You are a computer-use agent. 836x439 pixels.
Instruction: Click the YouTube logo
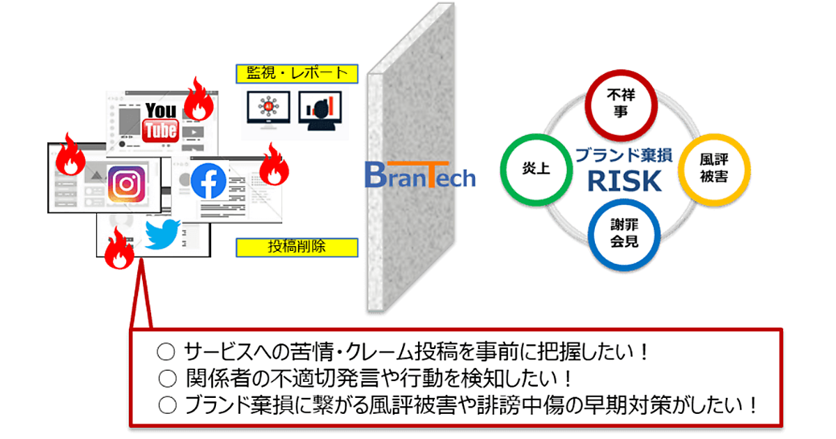[x=161, y=120]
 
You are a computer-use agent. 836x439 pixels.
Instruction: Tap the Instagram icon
[x=126, y=184]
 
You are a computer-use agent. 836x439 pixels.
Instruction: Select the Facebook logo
[x=208, y=180]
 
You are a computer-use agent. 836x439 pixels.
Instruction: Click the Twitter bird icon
[x=162, y=234]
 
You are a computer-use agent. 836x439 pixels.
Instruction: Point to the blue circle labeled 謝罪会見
[x=623, y=235]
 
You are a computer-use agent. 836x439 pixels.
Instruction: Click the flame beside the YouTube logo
[x=198, y=101]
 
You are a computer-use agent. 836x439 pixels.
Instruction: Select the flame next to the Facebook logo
[x=274, y=165]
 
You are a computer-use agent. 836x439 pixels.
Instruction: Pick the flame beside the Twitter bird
[x=119, y=250]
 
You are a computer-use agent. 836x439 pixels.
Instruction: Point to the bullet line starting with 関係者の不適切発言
[x=366, y=378]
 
